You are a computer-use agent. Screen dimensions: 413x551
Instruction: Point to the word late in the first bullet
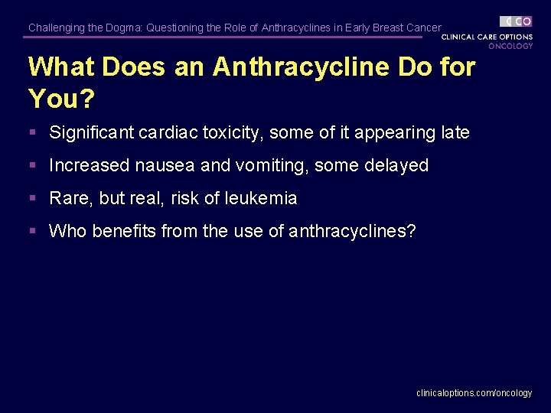click(x=455, y=132)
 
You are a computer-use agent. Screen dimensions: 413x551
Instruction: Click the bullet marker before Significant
click(x=32, y=133)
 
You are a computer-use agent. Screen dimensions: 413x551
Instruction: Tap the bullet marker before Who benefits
click(x=32, y=232)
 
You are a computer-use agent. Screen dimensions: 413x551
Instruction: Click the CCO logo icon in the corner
click(x=516, y=21)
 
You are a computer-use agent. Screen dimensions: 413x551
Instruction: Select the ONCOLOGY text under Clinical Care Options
click(x=510, y=46)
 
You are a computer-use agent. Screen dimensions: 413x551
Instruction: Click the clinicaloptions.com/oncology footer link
click(x=474, y=392)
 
